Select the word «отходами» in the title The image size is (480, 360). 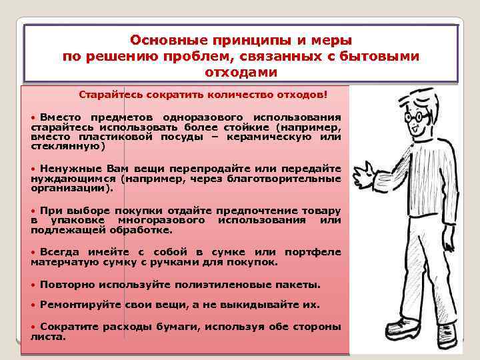[241, 71]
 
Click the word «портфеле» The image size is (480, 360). [312, 252]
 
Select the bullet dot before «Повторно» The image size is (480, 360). [34, 285]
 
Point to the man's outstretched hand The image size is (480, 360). [364, 177]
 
